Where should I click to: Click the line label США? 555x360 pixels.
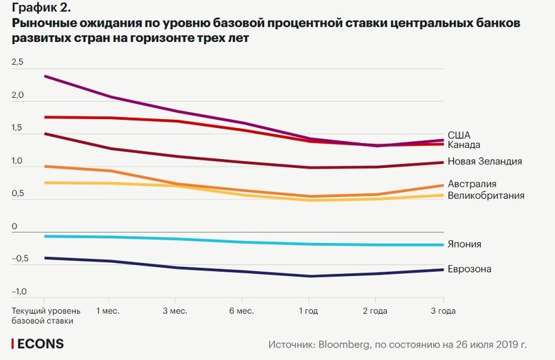click(x=459, y=135)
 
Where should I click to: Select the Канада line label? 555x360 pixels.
click(x=464, y=145)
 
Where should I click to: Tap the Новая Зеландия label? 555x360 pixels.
click(x=484, y=161)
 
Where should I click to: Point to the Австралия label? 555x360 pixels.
click(x=472, y=184)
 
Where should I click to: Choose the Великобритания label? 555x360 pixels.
click(x=486, y=195)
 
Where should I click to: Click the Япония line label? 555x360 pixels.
click(x=464, y=244)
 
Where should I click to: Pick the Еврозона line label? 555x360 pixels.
click(x=469, y=268)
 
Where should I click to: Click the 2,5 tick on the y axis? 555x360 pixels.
click(x=17, y=63)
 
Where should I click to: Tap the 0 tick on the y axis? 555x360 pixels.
click(x=14, y=226)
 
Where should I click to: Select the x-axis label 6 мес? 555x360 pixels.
click(x=241, y=311)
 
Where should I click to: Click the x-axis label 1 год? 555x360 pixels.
click(x=307, y=311)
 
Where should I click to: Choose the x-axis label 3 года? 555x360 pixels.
click(x=443, y=311)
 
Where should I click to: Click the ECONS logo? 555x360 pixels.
click(x=39, y=343)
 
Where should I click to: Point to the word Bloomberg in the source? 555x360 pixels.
click(x=344, y=343)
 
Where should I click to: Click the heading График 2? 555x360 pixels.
click(x=41, y=8)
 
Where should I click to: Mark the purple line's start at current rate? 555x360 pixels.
click(x=45, y=76)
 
